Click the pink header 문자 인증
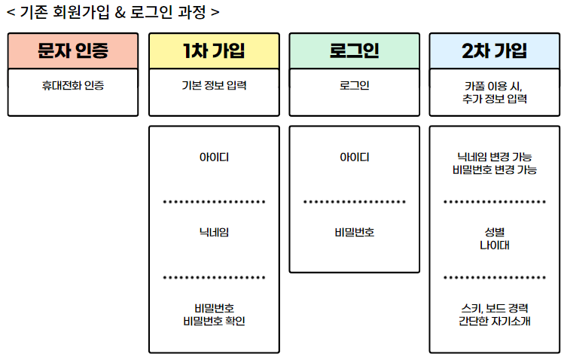point(73,51)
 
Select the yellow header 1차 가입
point(214,51)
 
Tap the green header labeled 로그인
point(354,51)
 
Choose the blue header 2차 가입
point(495,51)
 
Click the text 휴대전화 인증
point(73,85)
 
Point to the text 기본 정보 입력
point(214,85)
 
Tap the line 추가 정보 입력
point(495,99)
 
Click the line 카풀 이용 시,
point(495,85)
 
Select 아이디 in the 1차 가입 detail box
point(214,157)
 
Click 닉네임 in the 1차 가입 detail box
point(214,233)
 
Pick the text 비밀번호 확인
point(214,322)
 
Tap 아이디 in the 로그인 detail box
point(354,157)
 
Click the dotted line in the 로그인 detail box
point(354,202)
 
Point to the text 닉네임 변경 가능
point(495,157)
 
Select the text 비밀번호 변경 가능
point(495,170)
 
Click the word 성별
point(495,232)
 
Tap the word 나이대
point(495,246)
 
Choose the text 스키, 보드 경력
point(495,308)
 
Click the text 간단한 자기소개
point(495,322)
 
